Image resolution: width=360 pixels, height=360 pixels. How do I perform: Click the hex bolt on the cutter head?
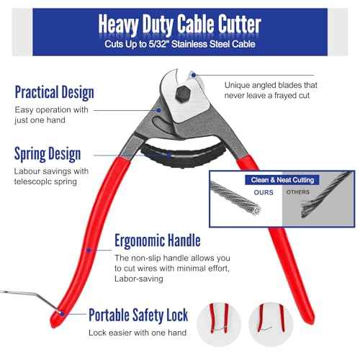pyautogui.click(x=183, y=94)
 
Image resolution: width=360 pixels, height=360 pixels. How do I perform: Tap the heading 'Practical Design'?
pyautogui.click(x=55, y=92)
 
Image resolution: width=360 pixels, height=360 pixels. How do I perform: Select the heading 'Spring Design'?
pyautogui.click(x=48, y=154)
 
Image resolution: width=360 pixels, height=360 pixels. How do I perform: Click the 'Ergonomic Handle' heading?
pyautogui.click(x=158, y=240)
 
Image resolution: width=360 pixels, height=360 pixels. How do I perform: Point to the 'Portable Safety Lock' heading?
pyautogui.click(x=138, y=315)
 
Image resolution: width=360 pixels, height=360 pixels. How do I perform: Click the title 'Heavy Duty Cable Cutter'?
pyautogui.click(x=180, y=24)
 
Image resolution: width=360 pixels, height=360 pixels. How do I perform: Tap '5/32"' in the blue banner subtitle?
pyautogui.click(x=158, y=44)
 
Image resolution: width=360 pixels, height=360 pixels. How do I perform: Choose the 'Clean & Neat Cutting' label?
pyautogui.click(x=282, y=180)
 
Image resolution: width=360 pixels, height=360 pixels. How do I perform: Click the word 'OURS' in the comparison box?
pyautogui.click(x=264, y=192)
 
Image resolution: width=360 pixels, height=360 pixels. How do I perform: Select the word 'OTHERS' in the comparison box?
pyautogui.click(x=298, y=192)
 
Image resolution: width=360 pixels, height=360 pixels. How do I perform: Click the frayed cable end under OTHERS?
pyautogui.click(x=307, y=210)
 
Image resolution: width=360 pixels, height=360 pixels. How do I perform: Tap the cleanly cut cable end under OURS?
pyautogui.click(x=256, y=210)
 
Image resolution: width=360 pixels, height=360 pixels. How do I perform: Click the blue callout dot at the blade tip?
pyautogui.click(x=194, y=75)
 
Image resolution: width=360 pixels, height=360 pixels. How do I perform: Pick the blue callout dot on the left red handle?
pyautogui.click(x=89, y=251)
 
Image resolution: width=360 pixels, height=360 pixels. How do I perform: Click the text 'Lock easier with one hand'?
pyautogui.click(x=138, y=333)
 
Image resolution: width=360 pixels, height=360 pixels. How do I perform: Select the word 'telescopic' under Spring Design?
pyautogui.click(x=32, y=181)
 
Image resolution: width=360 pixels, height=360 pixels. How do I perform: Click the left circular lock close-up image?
pyautogui.click(x=219, y=324)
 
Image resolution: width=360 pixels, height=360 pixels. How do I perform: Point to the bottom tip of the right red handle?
pyautogui.click(x=310, y=323)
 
